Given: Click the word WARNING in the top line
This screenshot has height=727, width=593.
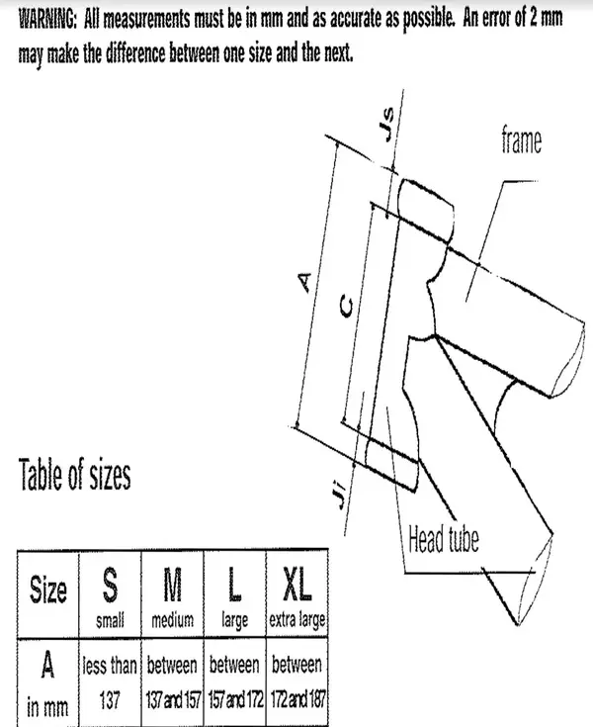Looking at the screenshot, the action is (47, 20).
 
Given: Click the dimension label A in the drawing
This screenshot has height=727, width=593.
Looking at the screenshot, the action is (304, 282).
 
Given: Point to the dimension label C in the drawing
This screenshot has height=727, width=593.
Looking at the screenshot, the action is (346, 306).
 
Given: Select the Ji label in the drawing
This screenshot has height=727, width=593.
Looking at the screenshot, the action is (341, 496).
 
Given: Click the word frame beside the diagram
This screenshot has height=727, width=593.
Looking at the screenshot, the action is (521, 139).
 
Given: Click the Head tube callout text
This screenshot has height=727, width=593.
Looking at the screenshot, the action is (444, 539).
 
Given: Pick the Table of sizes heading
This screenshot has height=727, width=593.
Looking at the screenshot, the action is (74, 475).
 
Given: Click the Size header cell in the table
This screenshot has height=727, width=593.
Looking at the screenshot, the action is (48, 589).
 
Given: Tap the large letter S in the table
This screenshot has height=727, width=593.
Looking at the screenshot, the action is (110, 585).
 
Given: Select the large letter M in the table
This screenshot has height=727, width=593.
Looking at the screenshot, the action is (172, 585).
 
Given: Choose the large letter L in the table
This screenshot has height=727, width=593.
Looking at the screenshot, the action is (234, 585).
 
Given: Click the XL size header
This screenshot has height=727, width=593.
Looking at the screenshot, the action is (296, 585).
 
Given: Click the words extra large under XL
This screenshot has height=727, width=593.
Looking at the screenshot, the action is (297, 620).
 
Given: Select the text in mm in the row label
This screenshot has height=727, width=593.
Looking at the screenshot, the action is (47, 707).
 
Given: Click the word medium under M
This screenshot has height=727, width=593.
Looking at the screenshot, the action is (172, 619).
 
